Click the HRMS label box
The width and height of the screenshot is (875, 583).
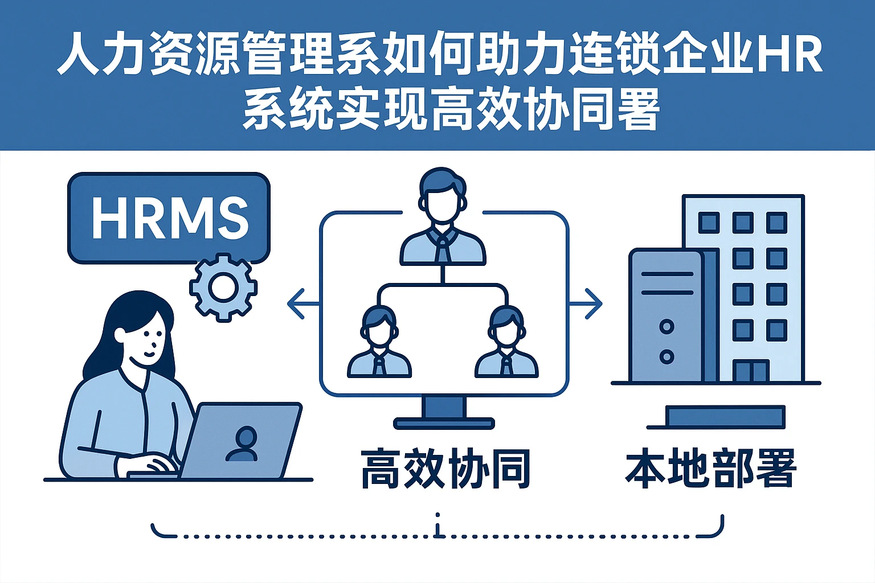pyautogui.click(x=169, y=217)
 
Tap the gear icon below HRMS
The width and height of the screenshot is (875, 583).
pyautogui.click(x=223, y=288)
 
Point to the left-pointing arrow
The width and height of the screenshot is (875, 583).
pyautogui.click(x=302, y=303)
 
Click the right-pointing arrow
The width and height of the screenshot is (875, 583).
pyautogui.click(x=587, y=303)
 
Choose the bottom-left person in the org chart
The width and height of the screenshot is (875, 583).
pyautogui.click(x=379, y=344)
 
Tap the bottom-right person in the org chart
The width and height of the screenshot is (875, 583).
pyautogui.click(x=506, y=344)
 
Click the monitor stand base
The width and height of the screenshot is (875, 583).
pyautogui.click(x=444, y=423)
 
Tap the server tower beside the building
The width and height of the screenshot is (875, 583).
pyautogui.click(x=667, y=316)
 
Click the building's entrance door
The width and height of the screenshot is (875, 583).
pyautogui.click(x=751, y=371)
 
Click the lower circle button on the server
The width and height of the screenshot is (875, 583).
pyautogui.click(x=666, y=357)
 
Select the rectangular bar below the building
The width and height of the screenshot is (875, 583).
pyautogui.click(x=725, y=416)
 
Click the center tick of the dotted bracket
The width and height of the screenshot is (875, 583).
pyautogui.click(x=437, y=527)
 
